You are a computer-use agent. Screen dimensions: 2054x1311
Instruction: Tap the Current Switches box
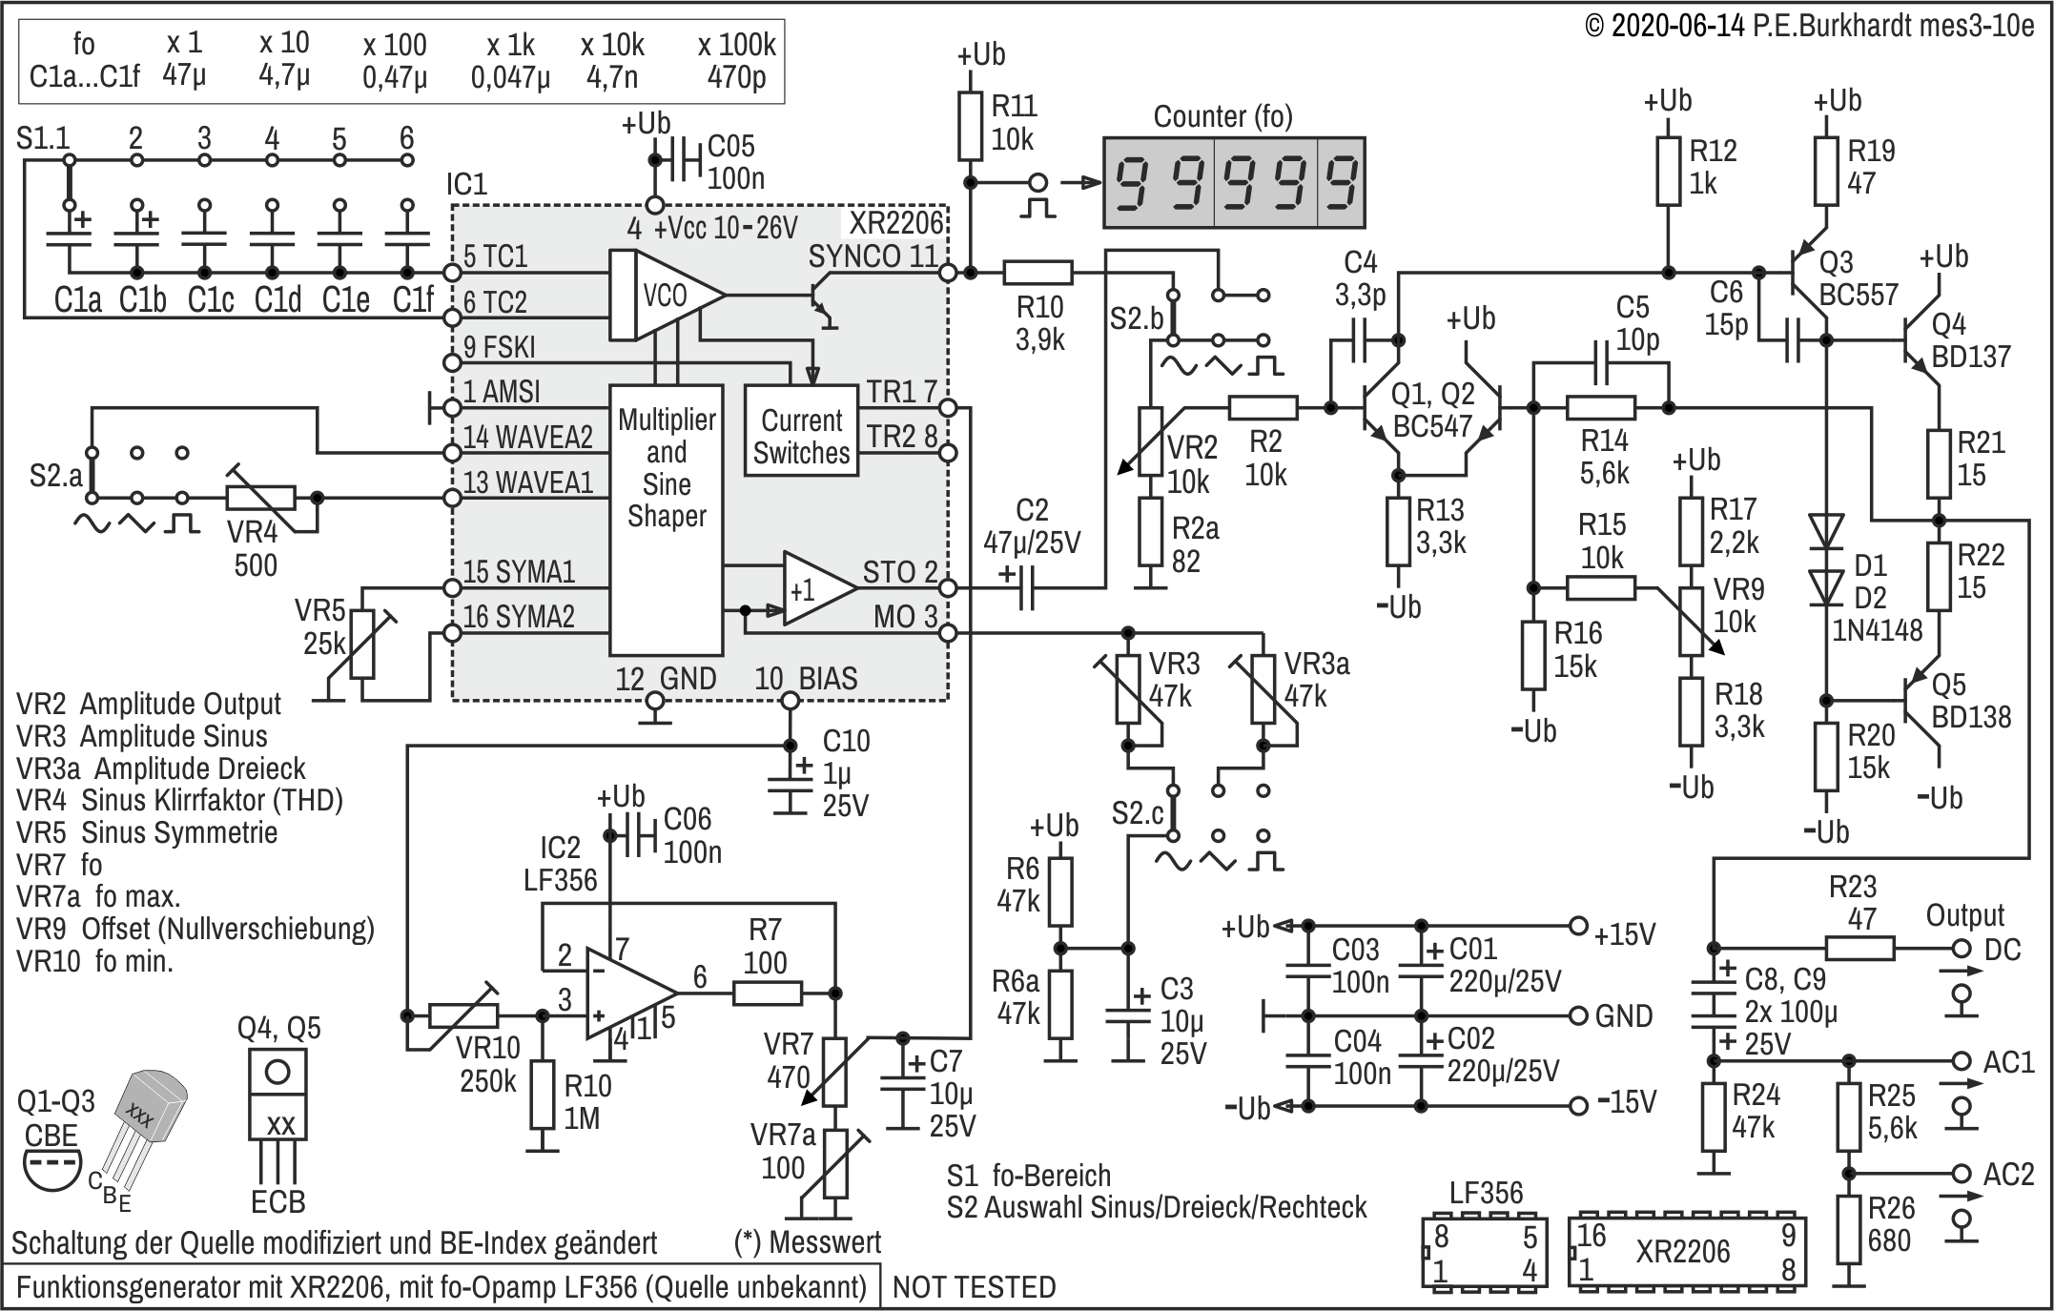coord(801,430)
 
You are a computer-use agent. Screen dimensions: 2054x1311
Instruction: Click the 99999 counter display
coord(1234,182)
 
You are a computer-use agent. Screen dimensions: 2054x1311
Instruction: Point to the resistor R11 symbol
coord(971,125)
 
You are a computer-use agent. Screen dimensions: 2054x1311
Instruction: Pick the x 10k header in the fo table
coord(612,44)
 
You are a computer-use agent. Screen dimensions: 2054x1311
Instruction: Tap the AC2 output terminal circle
coord(1962,1173)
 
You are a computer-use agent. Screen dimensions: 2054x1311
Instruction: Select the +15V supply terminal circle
coord(1578,925)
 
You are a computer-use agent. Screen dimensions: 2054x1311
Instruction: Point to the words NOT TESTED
coord(974,1288)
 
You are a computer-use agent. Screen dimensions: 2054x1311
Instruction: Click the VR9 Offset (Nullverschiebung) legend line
coord(195,928)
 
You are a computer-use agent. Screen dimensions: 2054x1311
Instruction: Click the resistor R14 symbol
coord(1601,408)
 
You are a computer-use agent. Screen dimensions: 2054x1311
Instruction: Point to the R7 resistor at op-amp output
coord(768,993)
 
